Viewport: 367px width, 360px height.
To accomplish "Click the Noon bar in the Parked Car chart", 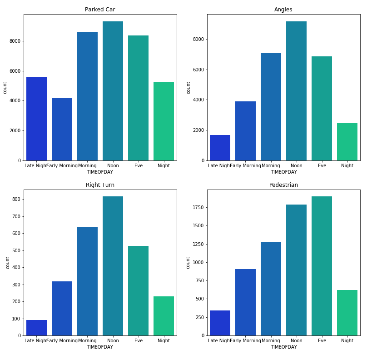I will click(x=113, y=91).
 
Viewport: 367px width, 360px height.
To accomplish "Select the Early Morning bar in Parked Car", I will click(x=62, y=129).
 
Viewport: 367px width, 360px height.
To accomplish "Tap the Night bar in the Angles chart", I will click(x=347, y=141).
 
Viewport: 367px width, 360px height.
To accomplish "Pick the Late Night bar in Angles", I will click(x=220, y=148).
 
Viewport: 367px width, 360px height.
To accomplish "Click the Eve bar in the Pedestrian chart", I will click(x=322, y=266).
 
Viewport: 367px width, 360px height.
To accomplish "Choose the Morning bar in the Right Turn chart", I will click(x=87, y=281).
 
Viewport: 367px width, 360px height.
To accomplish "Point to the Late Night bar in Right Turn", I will click(x=36, y=328).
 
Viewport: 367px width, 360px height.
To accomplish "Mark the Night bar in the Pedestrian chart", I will click(x=347, y=313).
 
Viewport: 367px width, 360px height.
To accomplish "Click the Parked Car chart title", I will click(x=100, y=10).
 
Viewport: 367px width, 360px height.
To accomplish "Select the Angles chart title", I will click(x=283, y=10).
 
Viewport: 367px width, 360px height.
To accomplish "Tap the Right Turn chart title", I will click(x=100, y=185).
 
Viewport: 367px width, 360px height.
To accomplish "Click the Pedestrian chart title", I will click(x=283, y=185).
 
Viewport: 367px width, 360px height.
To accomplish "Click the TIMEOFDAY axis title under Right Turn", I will click(x=100, y=347).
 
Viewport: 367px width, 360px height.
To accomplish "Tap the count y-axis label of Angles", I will click(x=188, y=87).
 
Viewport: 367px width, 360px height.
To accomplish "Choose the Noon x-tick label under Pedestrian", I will click(x=296, y=341).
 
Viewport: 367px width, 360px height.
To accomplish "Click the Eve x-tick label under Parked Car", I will click(x=138, y=166).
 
